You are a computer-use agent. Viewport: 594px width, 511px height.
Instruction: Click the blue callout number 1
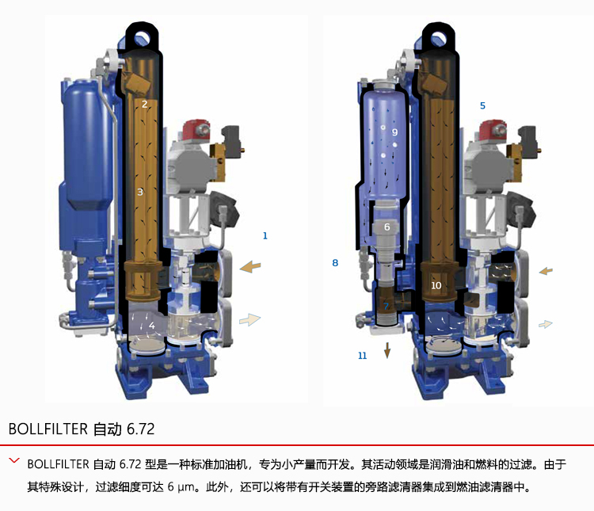tap(265, 236)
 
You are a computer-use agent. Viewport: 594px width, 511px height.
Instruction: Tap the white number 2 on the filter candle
tap(144, 104)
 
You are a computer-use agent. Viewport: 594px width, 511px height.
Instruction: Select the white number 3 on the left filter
tap(139, 193)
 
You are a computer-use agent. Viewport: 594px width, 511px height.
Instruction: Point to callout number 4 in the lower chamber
tap(152, 326)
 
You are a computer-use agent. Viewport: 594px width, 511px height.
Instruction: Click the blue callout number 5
tap(482, 105)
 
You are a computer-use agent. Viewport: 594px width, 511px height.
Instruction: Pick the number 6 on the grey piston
tap(386, 227)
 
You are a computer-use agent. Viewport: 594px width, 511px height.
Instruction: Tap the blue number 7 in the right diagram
tap(386, 307)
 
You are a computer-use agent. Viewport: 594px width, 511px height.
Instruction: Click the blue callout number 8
tap(335, 263)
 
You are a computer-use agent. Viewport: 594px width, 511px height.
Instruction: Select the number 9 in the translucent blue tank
tap(394, 132)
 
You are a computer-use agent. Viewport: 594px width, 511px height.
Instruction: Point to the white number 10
tap(436, 285)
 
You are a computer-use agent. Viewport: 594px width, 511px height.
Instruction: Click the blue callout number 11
tap(363, 356)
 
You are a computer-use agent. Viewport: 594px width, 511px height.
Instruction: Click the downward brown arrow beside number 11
tap(387, 350)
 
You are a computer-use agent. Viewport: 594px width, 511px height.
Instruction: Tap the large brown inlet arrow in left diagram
tap(250, 266)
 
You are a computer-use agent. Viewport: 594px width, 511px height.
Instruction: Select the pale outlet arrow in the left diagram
tap(250, 320)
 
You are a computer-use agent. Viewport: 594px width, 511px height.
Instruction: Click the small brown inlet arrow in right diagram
tap(546, 271)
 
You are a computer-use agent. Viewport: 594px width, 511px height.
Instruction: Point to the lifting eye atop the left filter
tap(142, 36)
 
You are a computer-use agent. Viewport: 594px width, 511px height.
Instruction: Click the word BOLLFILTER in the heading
tap(48, 429)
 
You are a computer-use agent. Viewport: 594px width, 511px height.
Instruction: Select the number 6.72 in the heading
tap(140, 429)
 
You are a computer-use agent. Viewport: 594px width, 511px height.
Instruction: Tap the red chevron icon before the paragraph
tap(14, 460)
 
